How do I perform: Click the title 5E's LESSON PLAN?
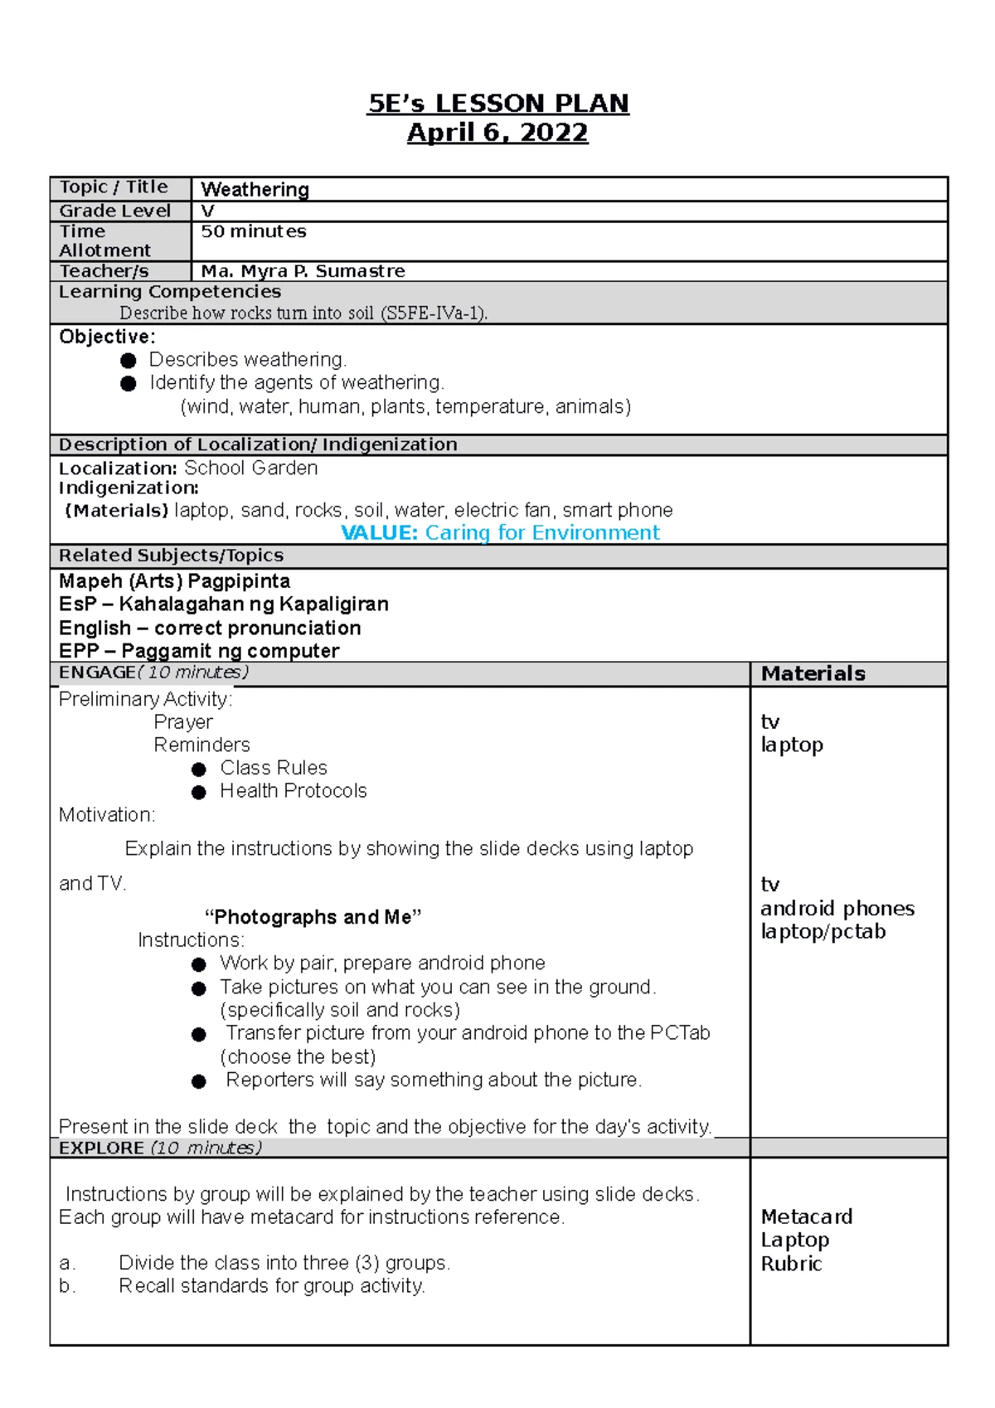(498, 104)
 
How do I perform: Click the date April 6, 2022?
(498, 133)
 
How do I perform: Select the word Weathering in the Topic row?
(255, 190)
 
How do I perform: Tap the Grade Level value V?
(207, 211)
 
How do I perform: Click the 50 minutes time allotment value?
(254, 231)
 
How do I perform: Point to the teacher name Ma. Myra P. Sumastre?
(303, 271)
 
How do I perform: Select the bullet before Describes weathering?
(128, 361)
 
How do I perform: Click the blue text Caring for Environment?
(542, 532)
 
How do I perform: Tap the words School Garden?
(250, 469)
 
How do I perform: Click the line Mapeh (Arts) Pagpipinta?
(174, 581)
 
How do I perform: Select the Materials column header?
(813, 673)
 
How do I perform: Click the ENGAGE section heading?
(97, 672)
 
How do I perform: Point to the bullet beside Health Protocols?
(198, 793)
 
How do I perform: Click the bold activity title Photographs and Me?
(313, 917)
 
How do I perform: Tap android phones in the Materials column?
(837, 909)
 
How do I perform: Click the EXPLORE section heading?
(101, 1148)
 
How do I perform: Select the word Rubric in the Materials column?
(791, 1264)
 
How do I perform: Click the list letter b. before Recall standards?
(66, 1286)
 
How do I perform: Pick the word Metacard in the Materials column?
(806, 1216)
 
